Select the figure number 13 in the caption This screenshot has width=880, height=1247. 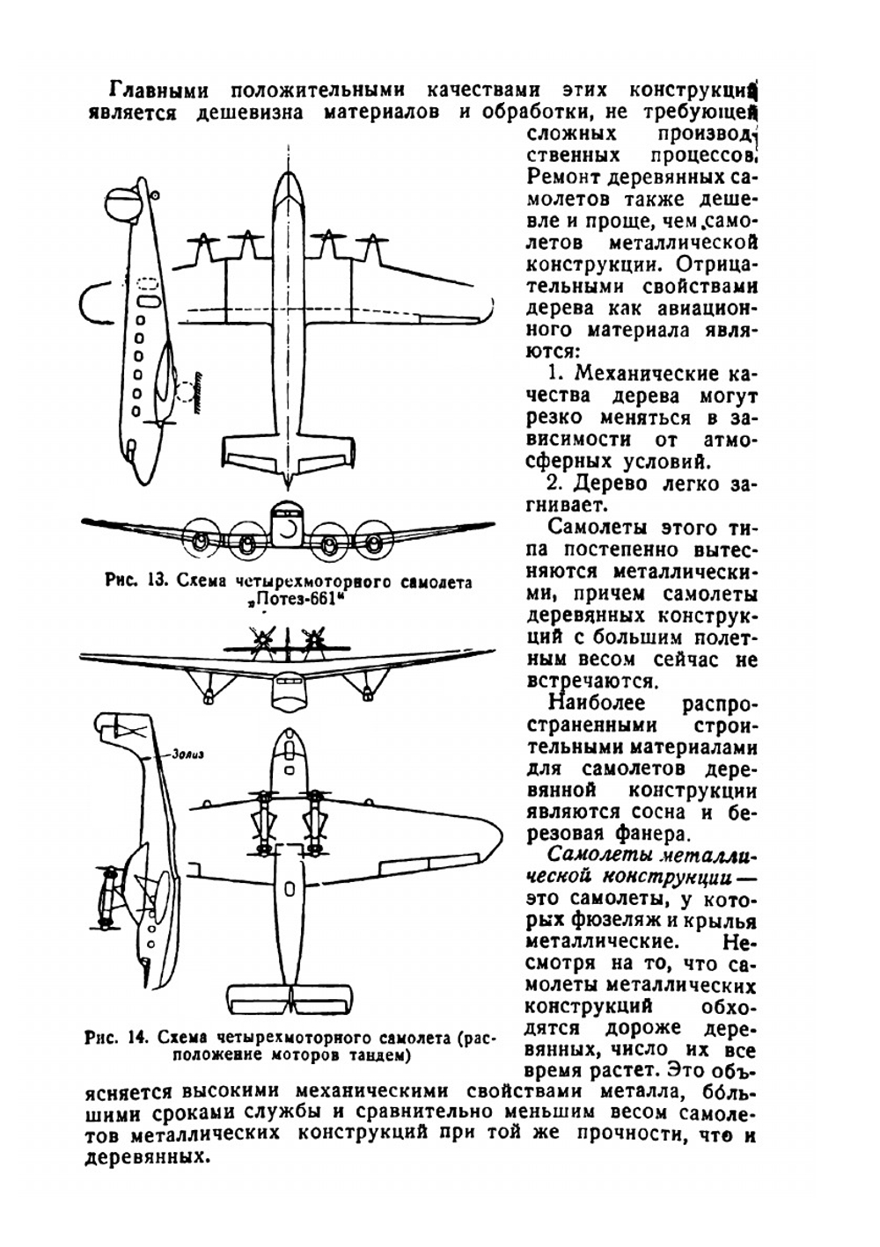pos(158,581)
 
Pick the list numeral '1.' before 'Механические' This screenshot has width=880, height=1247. pos(557,373)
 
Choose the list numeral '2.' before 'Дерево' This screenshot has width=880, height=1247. pos(555,483)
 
